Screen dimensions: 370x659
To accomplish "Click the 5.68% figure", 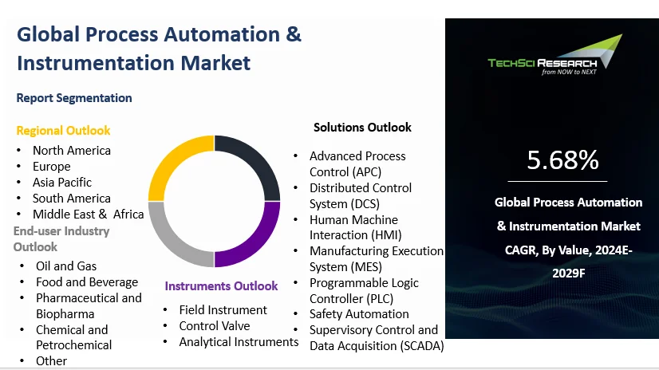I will pos(562,160).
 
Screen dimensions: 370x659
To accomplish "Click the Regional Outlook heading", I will pos(63,130).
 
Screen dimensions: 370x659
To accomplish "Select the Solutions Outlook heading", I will pos(362,127).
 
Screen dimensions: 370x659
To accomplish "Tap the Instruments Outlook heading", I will pos(221,285).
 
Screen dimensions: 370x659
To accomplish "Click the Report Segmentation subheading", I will pos(74,98).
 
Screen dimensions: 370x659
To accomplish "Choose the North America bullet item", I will pos(72,150).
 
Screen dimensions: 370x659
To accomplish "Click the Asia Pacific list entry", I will pos(62,182).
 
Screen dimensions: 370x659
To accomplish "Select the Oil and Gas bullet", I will pos(66,266).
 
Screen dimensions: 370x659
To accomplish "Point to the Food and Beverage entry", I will pos(87,281).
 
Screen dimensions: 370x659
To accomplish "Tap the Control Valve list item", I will pos(214,325).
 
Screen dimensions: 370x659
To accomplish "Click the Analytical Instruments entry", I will pos(239,341).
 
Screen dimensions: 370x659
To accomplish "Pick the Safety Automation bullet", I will pos(359,313).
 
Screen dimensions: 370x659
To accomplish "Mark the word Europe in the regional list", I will pos(52,166).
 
